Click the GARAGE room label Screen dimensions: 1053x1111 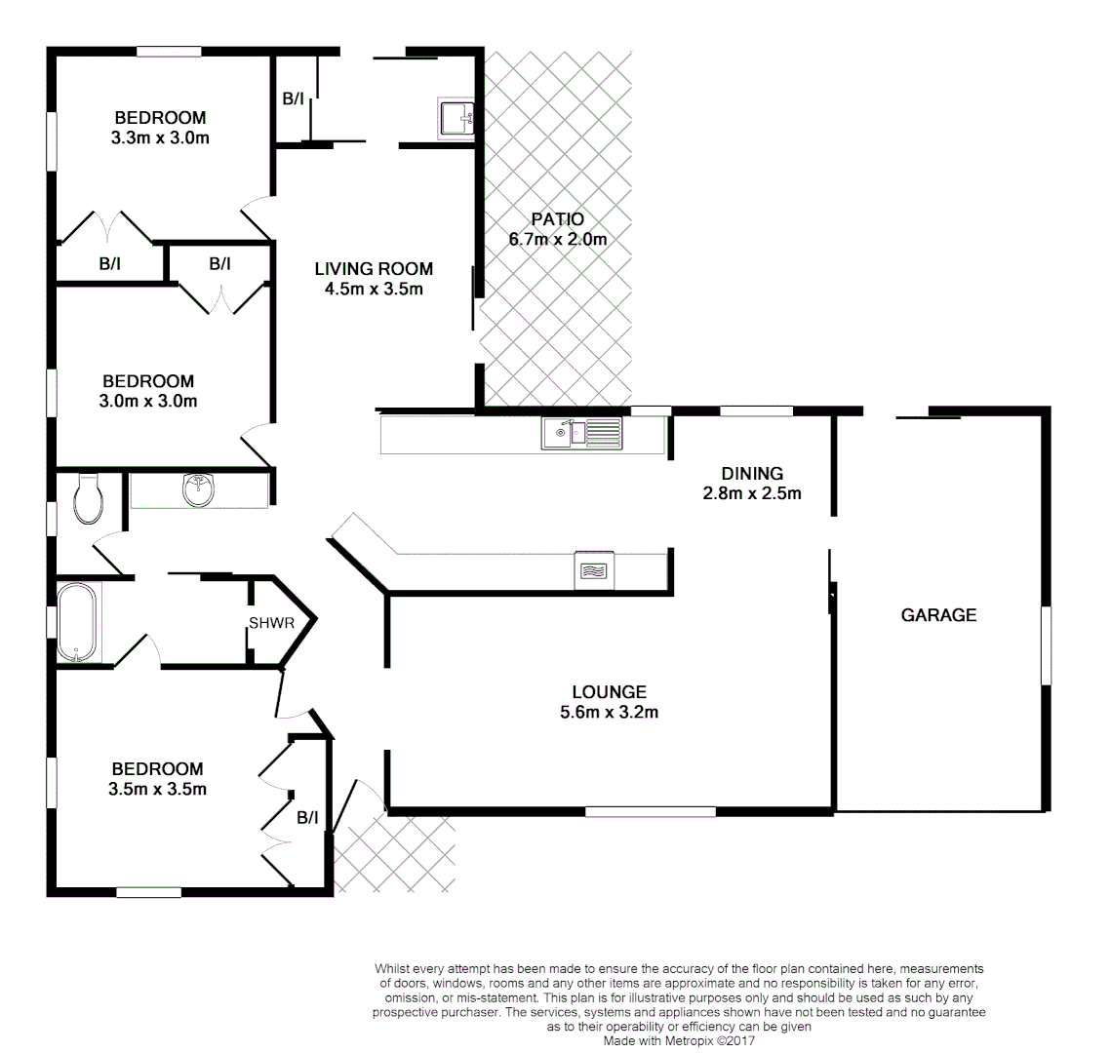938,615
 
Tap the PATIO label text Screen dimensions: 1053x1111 558,219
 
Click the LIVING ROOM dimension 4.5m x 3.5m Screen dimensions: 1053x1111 374,289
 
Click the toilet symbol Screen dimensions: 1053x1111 89,497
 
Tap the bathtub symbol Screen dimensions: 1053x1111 77,622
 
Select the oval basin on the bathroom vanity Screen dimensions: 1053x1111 200,490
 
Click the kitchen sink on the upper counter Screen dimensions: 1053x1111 581,432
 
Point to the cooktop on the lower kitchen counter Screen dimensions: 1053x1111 593,570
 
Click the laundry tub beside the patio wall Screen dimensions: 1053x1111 456,118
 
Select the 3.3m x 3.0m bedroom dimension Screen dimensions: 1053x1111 160,137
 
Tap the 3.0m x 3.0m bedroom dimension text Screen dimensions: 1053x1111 148,401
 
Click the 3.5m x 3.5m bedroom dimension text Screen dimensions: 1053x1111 157,789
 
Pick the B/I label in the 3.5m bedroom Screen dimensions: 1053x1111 307,817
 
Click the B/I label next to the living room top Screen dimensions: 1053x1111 293,98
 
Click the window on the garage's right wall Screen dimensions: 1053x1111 1046,645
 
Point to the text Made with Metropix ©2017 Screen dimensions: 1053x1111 679,1040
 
